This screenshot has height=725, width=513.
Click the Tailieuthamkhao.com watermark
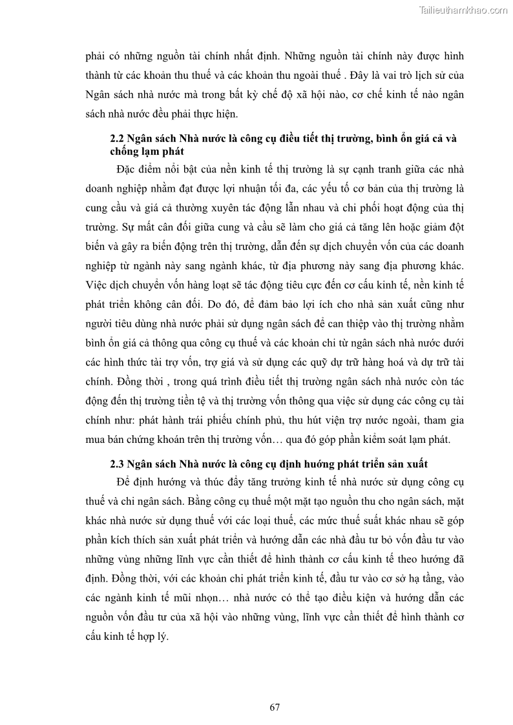pyautogui.click(x=463, y=10)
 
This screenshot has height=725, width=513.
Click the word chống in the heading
pyautogui.click(x=125, y=152)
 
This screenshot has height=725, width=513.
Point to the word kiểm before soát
pyautogui.click(x=361, y=440)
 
